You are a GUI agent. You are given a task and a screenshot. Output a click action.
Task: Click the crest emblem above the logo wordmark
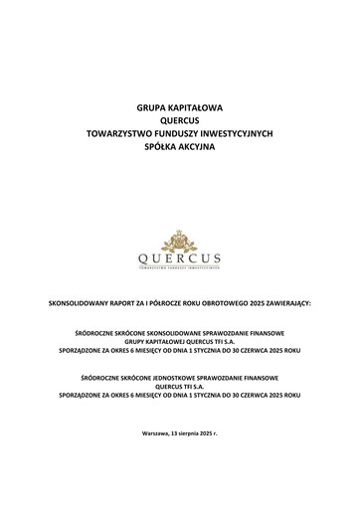click(x=180, y=242)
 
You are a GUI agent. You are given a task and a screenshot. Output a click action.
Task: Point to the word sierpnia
click(x=193, y=434)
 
